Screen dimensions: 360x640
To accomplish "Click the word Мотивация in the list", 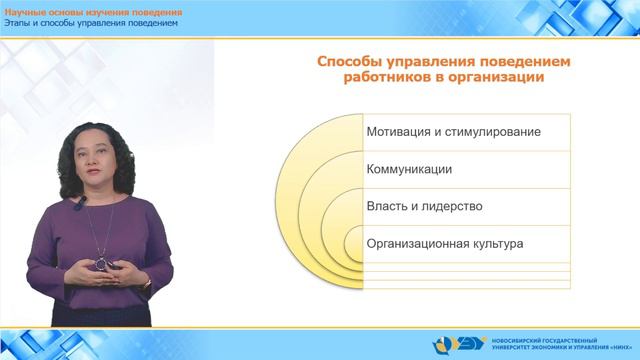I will click(x=400, y=132).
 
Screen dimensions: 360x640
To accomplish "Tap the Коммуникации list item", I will click(x=409, y=169).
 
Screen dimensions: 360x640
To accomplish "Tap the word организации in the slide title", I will click(x=494, y=79).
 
